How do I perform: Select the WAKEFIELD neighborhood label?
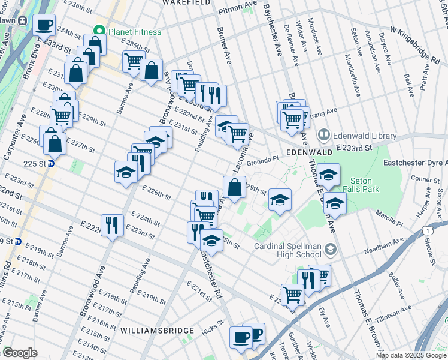(x=186, y=3)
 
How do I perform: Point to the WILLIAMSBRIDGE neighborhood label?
(x=157, y=331)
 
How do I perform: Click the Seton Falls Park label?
(x=361, y=185)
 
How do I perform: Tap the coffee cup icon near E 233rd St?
(x=44, y=25)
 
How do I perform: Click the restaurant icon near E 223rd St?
(x=112, y=226)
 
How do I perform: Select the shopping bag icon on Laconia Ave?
(x=235, y=187)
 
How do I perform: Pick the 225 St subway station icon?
(x=52, y=163)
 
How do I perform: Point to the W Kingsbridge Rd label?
(x=414, y=43)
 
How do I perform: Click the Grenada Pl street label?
(x=264, y=160)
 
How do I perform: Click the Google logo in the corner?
(x=20, y=353)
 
